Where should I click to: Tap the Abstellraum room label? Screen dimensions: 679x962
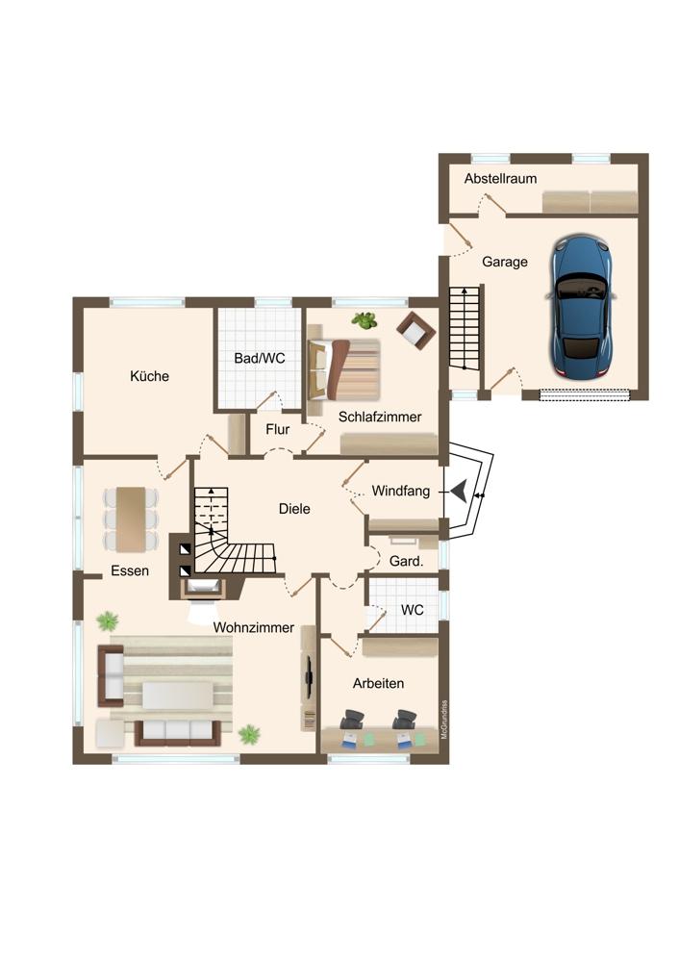(500, 179)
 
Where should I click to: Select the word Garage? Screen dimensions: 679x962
(505, 262)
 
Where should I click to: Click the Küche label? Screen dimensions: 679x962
(149, 376)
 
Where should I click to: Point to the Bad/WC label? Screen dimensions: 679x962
(260, 358)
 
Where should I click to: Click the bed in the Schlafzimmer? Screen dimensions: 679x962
(344, 369)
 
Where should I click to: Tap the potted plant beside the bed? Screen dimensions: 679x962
(365, 320)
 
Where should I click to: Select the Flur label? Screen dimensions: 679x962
(278, 429)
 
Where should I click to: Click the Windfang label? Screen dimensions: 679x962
(400, 491)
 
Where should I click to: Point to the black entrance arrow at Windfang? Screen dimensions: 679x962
(459, 491)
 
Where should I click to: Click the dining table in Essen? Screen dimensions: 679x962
(131, 519)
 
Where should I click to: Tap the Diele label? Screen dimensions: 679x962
(294, 509)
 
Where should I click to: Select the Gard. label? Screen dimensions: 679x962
(406, 561)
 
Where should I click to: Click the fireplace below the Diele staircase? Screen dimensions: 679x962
(202, 588)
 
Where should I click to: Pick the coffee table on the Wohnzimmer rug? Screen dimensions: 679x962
(179, 696)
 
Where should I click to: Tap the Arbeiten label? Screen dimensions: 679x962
(378, 683)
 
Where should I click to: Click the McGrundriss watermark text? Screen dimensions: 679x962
(444, 719)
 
